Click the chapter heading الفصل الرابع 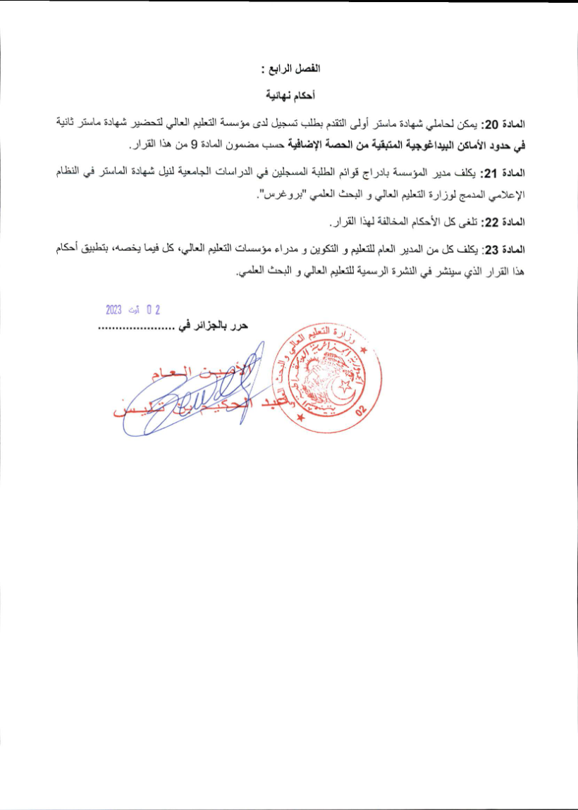[x=290, y=70]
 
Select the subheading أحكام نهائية [x=290, y=94]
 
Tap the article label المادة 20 [x=503, y=123]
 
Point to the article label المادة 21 [x=503, y=173]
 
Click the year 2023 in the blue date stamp [x=114, y=309]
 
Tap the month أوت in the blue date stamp [x=135, y=309]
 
